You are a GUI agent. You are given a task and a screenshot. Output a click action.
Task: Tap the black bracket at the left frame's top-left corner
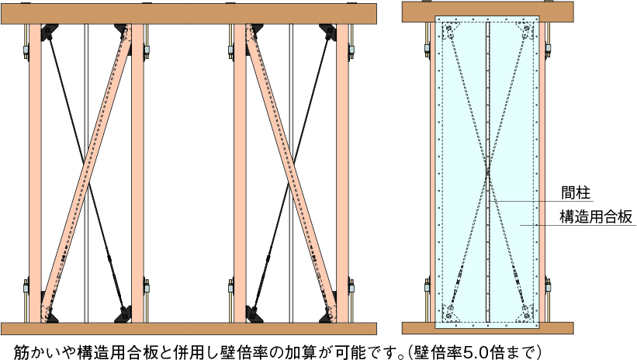pyautogui.click(x=47, y=33)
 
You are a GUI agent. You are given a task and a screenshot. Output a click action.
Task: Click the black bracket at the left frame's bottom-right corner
pyautogui.click(x=124, y=314)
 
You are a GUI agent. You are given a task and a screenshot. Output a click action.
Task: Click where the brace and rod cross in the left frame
pyautogui.click(x=86, y=172)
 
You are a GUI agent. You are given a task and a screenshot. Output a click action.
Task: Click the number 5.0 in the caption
pyautogui.click(x=484, y=348)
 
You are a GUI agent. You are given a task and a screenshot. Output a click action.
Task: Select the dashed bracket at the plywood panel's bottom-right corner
pyautogui.click(x=525, y=313)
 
